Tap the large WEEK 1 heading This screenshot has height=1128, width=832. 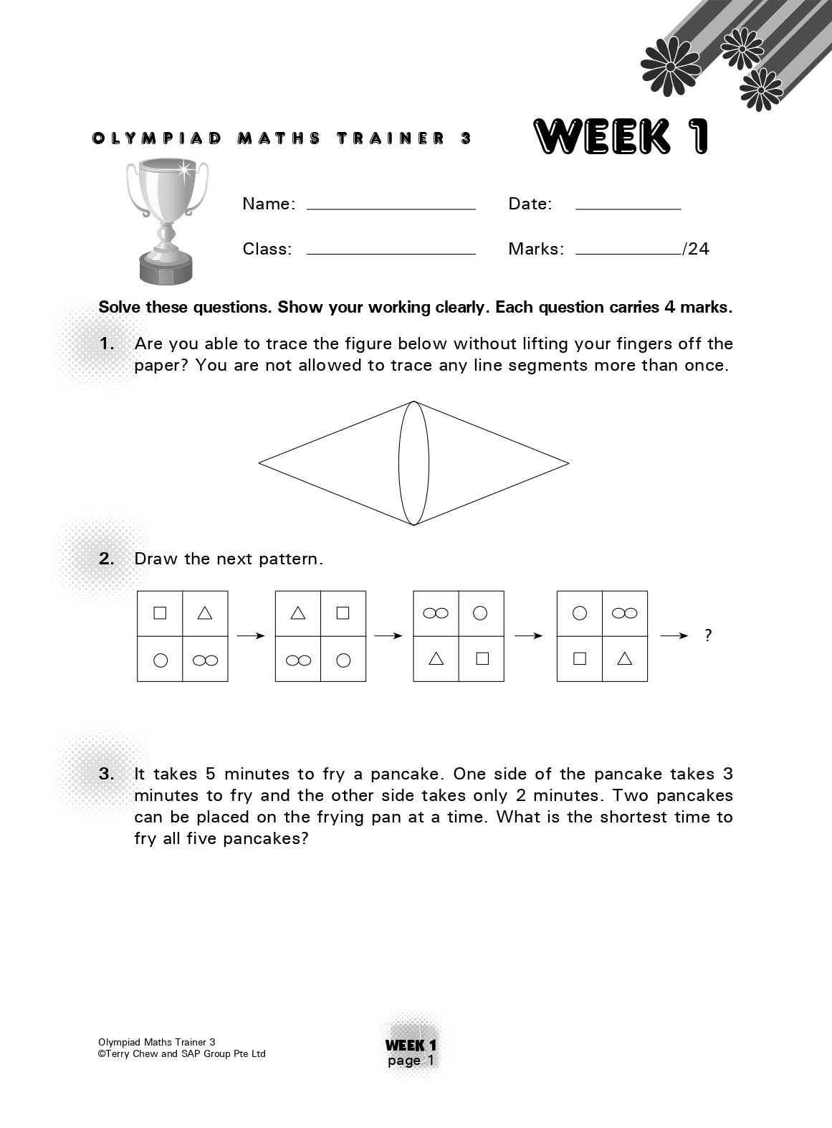coord(621,136)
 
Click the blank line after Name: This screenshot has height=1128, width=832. coord(391,208)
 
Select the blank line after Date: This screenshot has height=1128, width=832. coord(628,208)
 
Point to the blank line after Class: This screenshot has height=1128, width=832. coord(391,253)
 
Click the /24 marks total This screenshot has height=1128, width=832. coord(697,249)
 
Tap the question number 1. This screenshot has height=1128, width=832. coord(107,343)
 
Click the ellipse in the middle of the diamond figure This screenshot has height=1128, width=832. coord(413,463)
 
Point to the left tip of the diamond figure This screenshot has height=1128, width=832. coord(260,463)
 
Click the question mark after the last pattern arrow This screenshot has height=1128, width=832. coord(708,635)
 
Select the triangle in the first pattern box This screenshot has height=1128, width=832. coord(205,612)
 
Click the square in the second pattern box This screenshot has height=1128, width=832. coord(343,612)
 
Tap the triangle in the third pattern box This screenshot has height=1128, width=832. coord(436,658)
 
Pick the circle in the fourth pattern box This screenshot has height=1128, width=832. coord(580,613)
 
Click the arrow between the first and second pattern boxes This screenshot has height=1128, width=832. coord(251,635)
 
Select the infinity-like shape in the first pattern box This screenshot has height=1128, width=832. coord(205,660)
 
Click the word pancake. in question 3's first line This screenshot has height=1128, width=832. coord(408,774)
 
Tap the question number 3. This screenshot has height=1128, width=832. coord(107,774)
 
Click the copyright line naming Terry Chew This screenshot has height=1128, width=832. coord(182,1053)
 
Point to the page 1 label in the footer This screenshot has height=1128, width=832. coord(411,1061)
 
